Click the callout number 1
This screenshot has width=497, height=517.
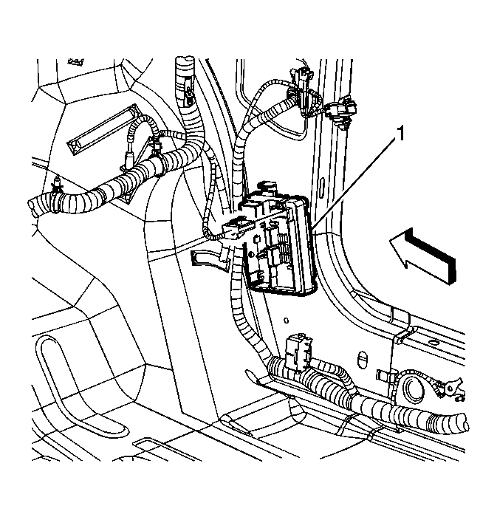tap(400, 134)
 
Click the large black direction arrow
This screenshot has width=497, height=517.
tap(423, 256)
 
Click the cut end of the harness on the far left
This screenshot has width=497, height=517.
tap(34, 207)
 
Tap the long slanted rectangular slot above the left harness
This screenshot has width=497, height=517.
tap(103, 129)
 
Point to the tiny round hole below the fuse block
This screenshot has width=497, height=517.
tap(286, 320)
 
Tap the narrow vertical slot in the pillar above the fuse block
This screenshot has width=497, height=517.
tap(322, 187)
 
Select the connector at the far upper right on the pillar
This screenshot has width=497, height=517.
tap(341, 112)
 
